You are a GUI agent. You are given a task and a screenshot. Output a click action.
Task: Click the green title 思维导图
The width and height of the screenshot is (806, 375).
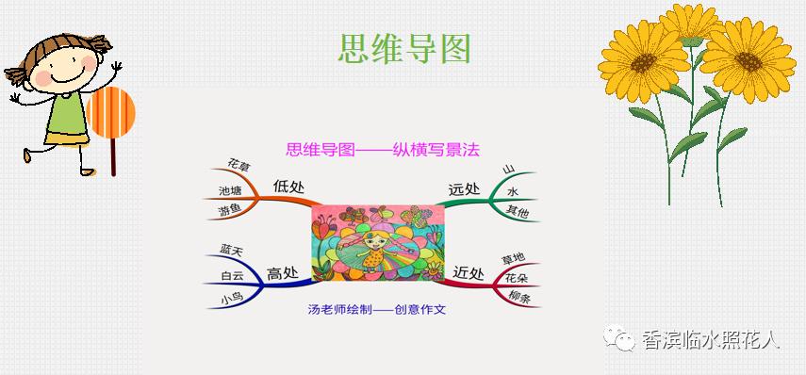[x=403, y=48]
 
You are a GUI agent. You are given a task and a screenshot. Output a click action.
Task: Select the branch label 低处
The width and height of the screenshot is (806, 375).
[x=288, y=186]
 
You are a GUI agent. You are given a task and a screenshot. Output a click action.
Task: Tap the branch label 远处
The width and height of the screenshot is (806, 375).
[x=464, y=189]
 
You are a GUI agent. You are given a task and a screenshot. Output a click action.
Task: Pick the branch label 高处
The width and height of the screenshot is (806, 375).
[x=282, y=273]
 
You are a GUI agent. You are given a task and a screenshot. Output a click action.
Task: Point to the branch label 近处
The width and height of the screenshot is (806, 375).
[x=468, y=273]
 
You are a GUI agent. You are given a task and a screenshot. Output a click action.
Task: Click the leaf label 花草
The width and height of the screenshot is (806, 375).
[x=239, y=167]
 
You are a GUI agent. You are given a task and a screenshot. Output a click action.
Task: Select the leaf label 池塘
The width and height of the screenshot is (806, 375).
[x=230, y=189]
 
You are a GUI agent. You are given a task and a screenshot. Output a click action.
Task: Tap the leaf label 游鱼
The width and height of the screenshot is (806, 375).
[x=230, y=210]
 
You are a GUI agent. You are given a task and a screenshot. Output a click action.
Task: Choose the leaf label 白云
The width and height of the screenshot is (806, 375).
[x=232, y=275]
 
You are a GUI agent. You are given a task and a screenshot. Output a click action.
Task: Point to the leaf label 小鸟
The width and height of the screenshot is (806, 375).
[x=232, y=299]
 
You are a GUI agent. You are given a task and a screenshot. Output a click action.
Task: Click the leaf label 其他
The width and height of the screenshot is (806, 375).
[x=518, y=210]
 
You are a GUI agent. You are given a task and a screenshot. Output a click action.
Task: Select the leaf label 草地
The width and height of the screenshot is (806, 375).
[x=514, y=257]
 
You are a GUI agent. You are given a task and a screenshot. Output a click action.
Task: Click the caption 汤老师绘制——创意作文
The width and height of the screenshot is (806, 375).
[x=376, y=308]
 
